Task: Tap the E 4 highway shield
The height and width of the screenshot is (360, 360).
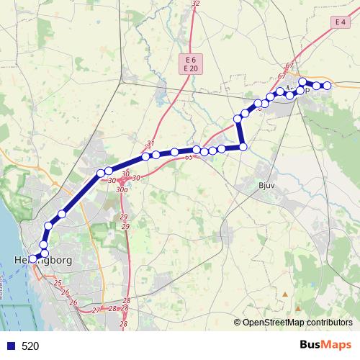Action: pos(341,23)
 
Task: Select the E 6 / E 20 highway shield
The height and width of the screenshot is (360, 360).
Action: pos(190,63)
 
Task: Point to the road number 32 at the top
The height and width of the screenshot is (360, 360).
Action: pos(196,4)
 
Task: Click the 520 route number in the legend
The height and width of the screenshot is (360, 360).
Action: pos(30,346)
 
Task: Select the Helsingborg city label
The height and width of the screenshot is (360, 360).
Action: pos(43,260)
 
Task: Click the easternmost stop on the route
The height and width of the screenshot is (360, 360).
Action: pos(327,86)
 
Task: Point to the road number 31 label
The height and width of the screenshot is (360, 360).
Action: pos(150,143)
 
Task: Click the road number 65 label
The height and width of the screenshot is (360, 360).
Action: pos(189,156)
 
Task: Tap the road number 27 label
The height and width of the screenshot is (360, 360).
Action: pos(96,310)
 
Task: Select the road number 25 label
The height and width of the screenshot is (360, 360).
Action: pos(58,283)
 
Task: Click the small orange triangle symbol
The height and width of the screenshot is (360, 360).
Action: pos(286,294)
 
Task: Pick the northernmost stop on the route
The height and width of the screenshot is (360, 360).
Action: pos(303,81)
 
